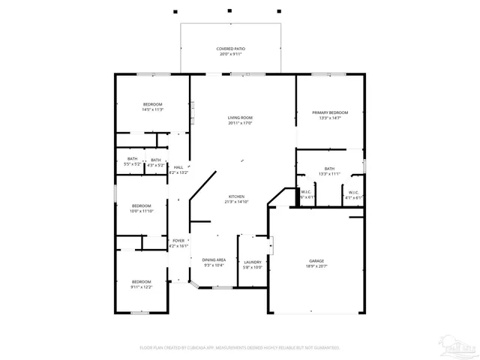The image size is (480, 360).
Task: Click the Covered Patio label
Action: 231,49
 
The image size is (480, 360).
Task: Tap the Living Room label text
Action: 240,118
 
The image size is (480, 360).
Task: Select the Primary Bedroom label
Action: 331,112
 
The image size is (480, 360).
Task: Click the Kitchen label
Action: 235,196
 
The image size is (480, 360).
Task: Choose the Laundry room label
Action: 253,262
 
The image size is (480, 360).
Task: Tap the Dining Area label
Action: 214,259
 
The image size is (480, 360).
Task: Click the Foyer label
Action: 178,241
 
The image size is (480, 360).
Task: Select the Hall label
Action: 178,167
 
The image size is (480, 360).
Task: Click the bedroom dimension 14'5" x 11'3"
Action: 153,109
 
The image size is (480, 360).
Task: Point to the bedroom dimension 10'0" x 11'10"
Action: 142,211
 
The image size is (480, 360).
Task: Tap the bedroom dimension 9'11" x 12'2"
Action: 142,286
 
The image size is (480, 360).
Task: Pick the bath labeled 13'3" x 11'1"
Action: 329,173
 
